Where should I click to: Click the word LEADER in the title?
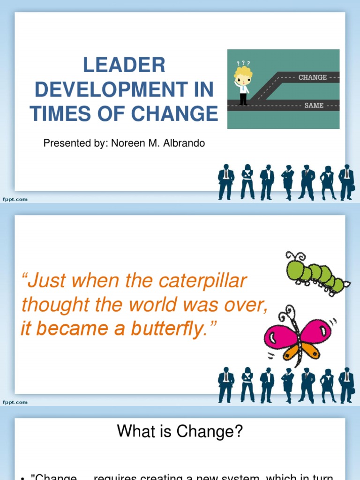124,65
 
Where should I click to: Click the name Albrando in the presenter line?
186,143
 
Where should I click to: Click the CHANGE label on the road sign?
313,77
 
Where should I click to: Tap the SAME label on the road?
314,105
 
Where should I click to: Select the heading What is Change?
180,431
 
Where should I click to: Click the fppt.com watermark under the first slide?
15,199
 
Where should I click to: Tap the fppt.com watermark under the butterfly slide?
15,402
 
